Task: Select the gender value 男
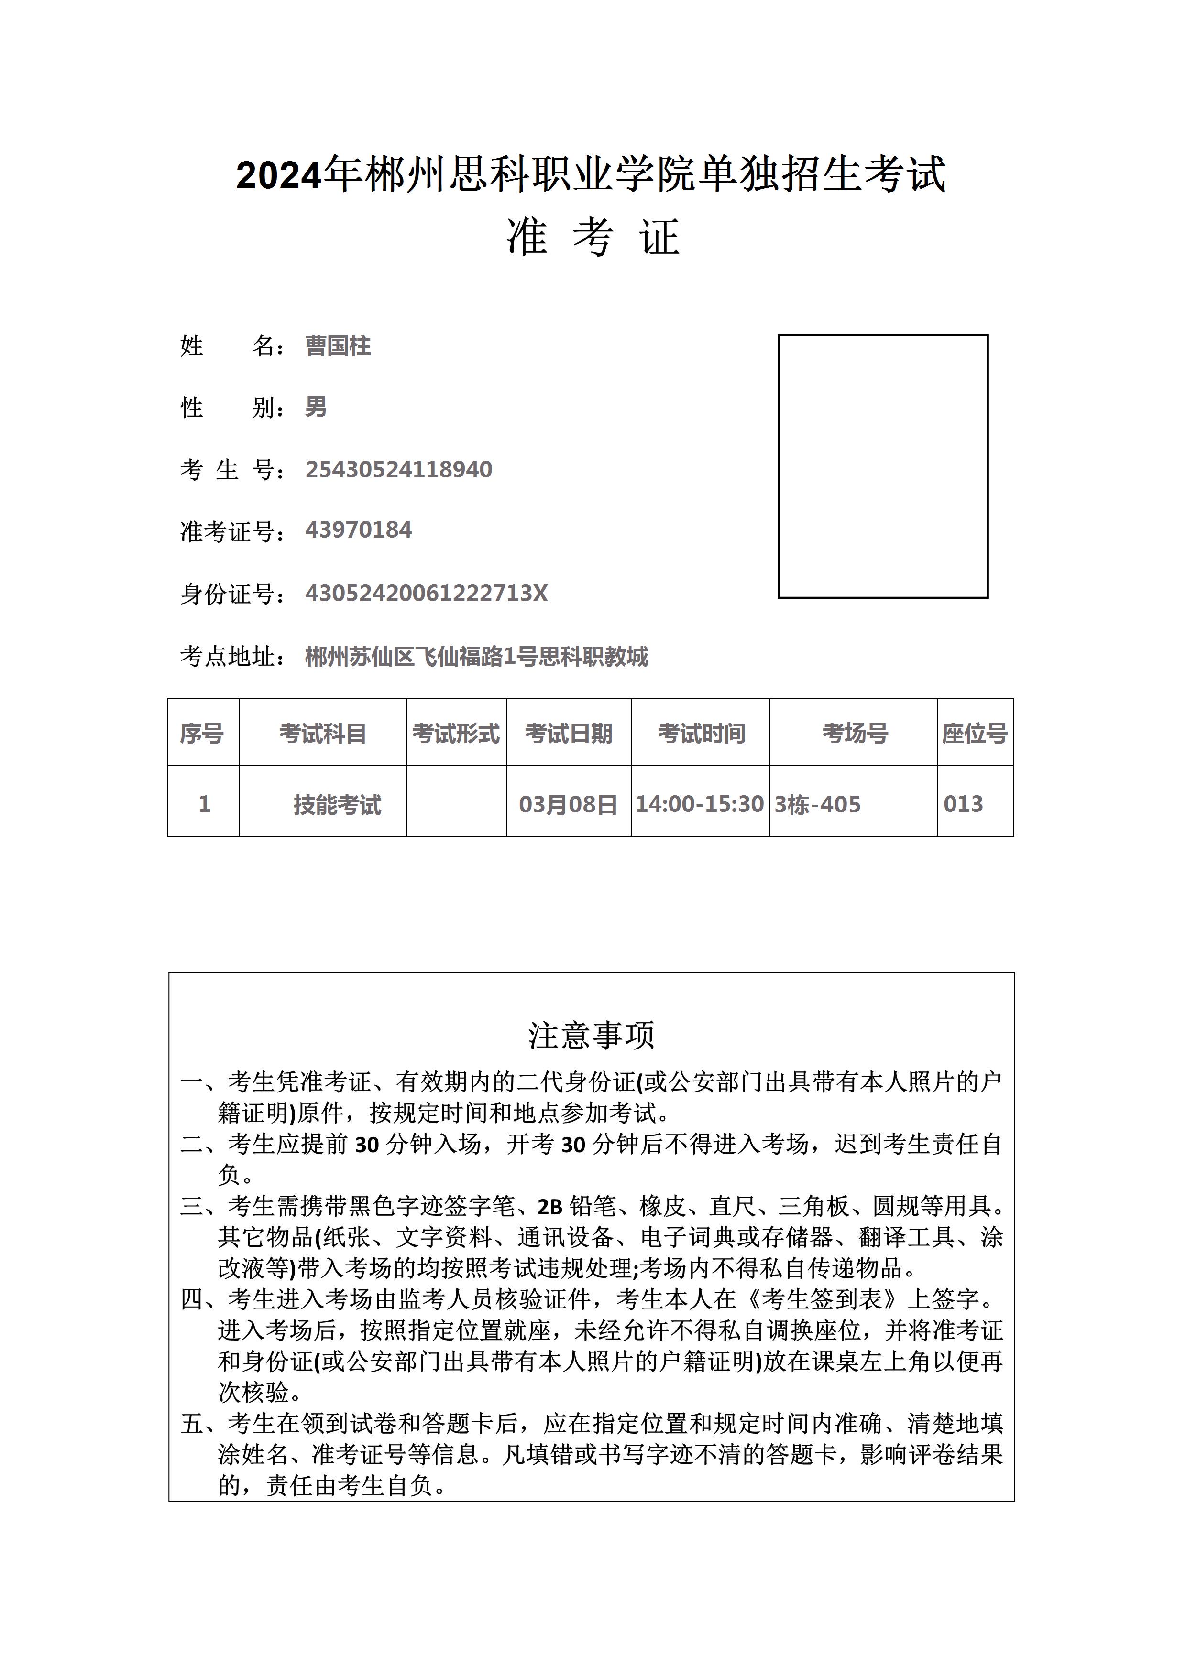[316, 407]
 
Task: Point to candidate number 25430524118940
[399, 469]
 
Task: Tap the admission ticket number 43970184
[359, 530]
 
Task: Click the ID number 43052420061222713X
[427, 593]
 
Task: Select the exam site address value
[476, 657]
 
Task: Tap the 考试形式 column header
[456, 733]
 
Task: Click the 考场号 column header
[855, 733]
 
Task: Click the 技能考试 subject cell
[338, 804]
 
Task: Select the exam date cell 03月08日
[568, 804]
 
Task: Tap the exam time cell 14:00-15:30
[700, 804]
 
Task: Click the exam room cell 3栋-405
[817, 804]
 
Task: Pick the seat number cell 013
[963, 804]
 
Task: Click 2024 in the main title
[279, 175]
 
